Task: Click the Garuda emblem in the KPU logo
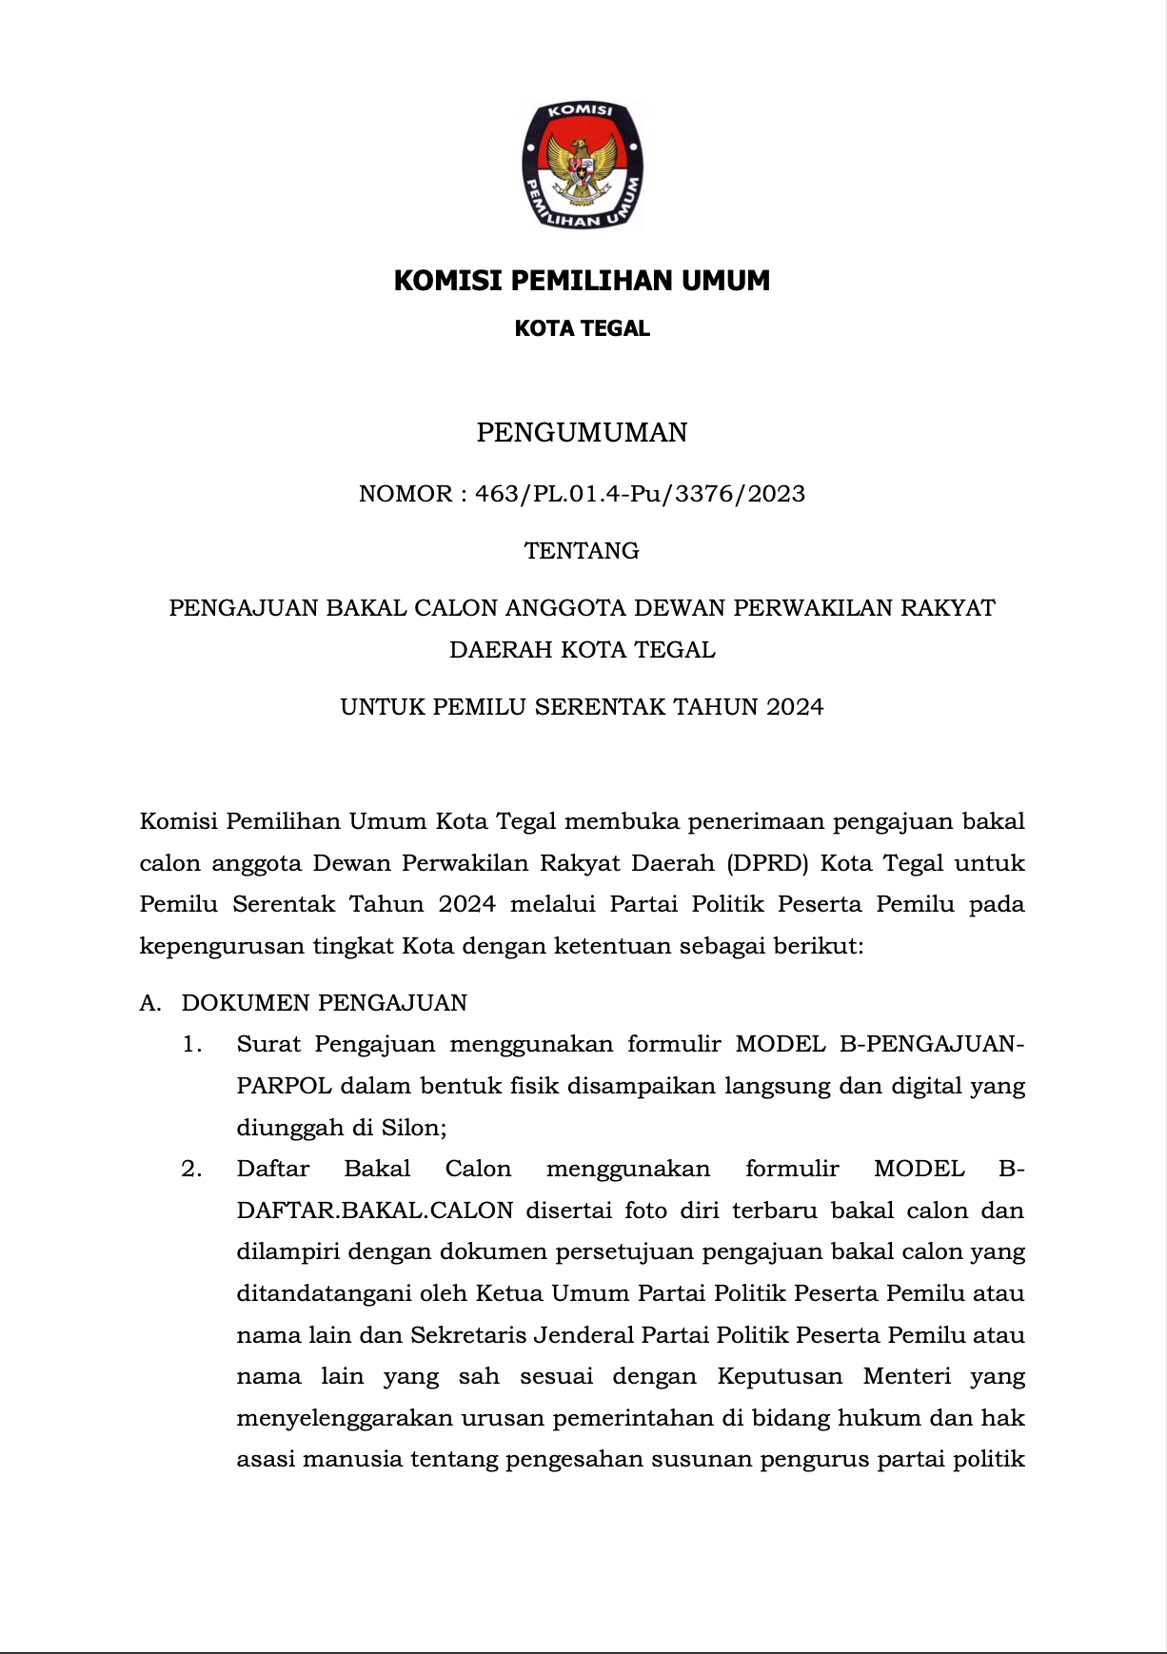[582, 167]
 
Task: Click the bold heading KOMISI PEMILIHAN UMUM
[582, 281]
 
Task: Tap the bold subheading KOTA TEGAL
[582, 328]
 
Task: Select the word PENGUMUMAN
[582, 433]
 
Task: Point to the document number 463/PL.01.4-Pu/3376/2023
[640, 494]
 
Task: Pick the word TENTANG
[582, 551]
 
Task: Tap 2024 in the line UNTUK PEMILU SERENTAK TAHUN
[795, 707]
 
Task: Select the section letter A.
[148, 1003]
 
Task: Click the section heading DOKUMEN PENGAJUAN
[325, 1003]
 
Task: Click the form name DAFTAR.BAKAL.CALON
[375, 1211]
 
